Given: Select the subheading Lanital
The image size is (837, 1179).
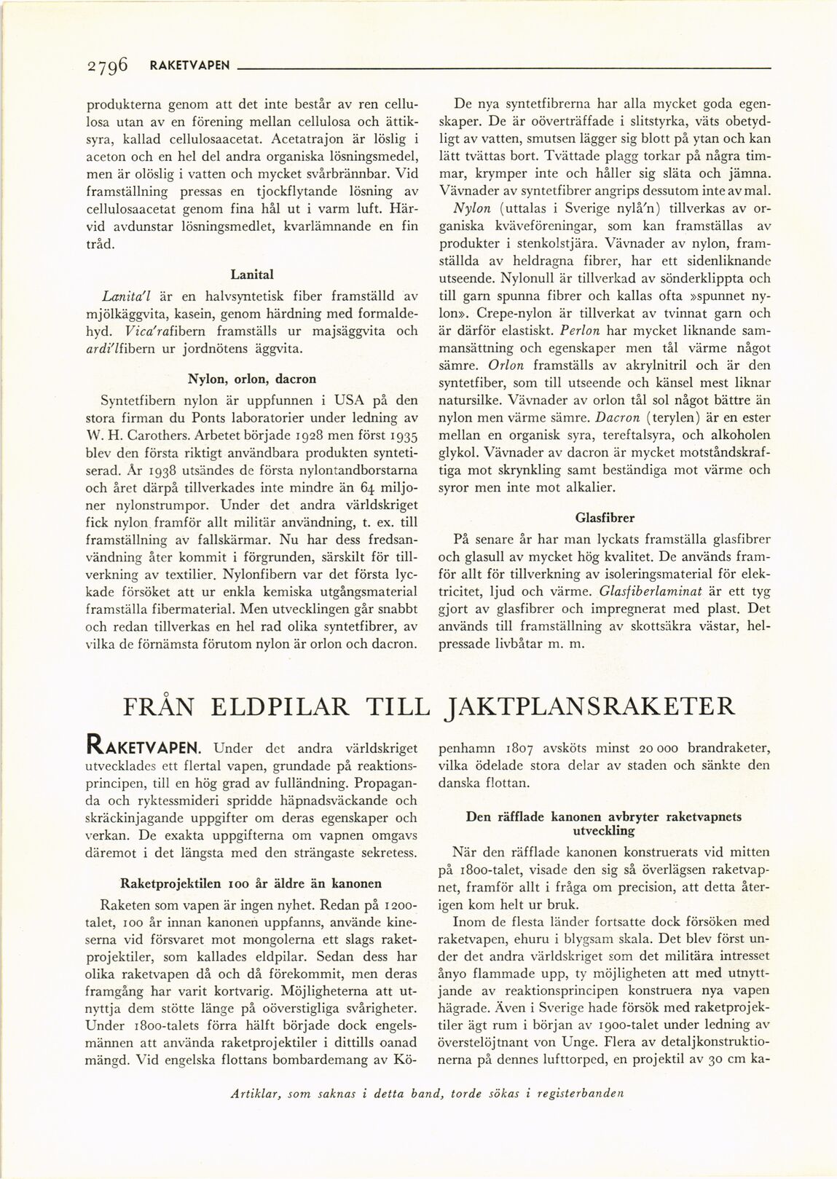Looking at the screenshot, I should click(x=251, y=275).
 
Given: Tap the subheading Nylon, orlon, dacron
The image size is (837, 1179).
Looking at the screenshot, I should click(x=251, y=379).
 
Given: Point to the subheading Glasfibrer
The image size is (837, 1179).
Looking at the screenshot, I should click(x=605, y=518).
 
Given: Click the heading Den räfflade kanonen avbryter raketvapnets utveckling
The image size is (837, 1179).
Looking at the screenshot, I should click(x=604, y=824).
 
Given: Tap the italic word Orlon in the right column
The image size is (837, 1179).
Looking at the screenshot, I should click(x=505, y=365).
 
